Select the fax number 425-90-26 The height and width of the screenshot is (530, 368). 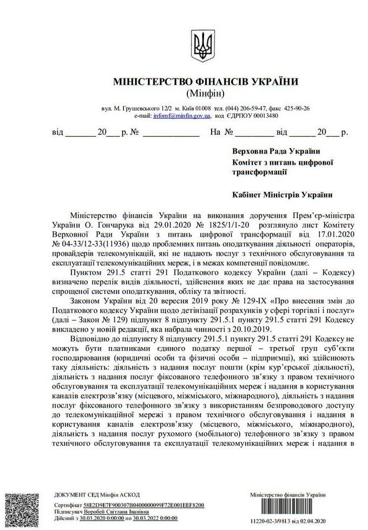tap(295, 109)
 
